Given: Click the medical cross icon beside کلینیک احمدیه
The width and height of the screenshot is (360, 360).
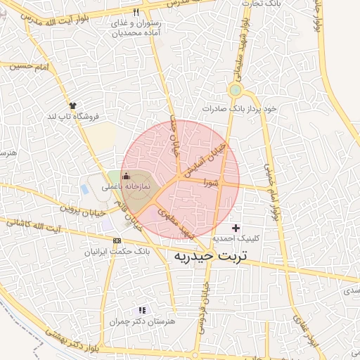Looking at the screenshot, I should tap(236, 227).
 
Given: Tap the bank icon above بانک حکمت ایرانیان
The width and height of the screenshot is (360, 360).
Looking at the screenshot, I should tap(117, 240).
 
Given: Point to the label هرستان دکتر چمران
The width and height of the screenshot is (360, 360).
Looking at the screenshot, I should tap(136, 321).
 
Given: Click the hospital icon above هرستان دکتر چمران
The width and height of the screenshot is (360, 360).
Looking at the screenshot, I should tap(143, 309).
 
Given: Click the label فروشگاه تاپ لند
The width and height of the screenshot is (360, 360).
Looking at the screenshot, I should tap(71, 115).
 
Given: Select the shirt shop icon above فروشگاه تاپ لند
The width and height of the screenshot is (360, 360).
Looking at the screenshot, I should tap(72, 105).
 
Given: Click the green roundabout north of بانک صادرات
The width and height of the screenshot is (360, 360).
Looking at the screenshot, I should tap(235, 90).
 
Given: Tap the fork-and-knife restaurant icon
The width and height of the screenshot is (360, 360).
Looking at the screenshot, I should tap(136, 12).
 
